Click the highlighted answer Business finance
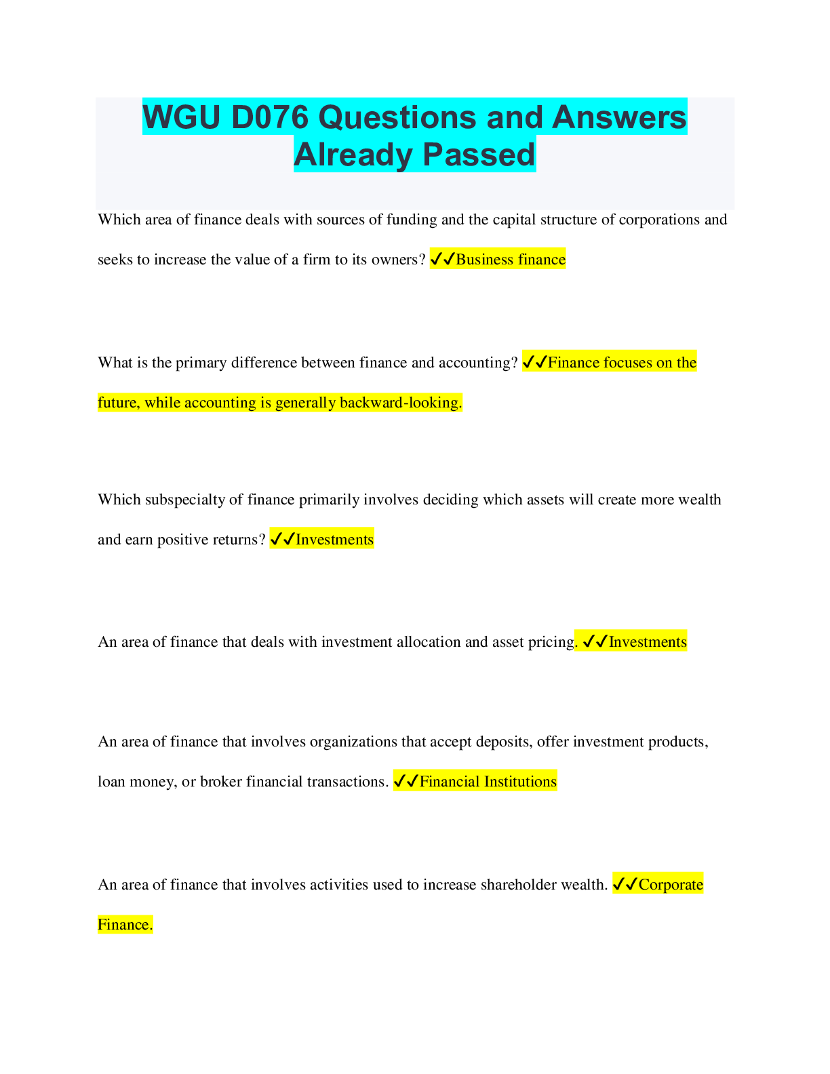pyautogui.click(x=511, y=260)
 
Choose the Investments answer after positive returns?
pyautogui.click(x=334, y=540)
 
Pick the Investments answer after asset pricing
pyautogui.click(x=648, y=642)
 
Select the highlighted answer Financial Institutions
pyautogui.click(x=488, y=782)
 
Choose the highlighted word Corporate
pyautogui.click(x=671, y=885)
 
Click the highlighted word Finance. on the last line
pyautogui.click(x=125, y=925)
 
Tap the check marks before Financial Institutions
pyautogui.click(x=406, y=782)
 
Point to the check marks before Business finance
pyautogui.click(x=442, y=260)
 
